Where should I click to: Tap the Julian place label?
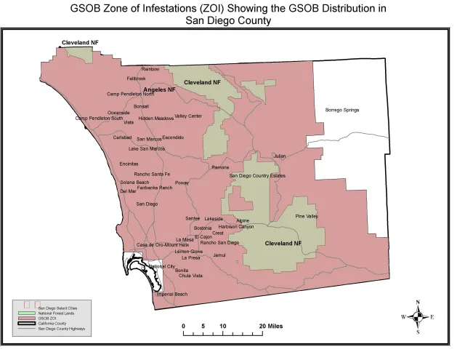pos(280,156)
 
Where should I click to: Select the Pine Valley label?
pos(307,216)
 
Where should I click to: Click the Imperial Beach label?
pos(171,294)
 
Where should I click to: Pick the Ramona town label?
pos(220,167)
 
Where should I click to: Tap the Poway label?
pos(182,183)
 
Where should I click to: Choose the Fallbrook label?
pos(136,78)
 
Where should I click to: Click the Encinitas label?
pos(129,164)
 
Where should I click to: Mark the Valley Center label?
pos(188,116)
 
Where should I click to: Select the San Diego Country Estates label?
pos(258,175)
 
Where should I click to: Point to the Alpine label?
pos(243,220)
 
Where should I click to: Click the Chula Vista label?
pos(190,276)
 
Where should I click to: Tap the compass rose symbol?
pos(418,317)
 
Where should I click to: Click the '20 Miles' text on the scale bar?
pos(271,326)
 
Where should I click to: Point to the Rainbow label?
pos(150,68)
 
